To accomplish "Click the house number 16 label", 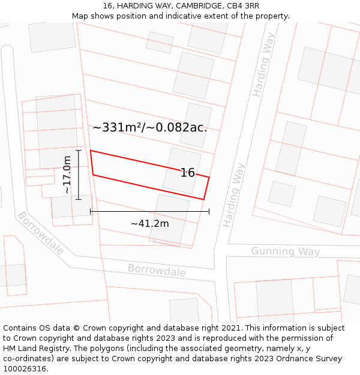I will [188, 173].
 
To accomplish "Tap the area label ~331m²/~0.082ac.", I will [150, 127].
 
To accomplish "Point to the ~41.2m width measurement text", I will [149, 224].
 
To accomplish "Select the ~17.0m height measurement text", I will [67, 175].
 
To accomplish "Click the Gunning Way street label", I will [285, 251].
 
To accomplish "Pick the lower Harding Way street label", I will [235, 194].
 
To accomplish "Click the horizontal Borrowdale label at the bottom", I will [157, 271].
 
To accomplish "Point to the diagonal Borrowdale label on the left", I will [41, 233].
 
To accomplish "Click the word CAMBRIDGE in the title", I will [199, 6].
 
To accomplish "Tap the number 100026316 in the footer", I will [24, 368].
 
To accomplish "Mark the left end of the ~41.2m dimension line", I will [91, 211].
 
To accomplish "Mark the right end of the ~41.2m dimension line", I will [209, 211].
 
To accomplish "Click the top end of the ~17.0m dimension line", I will [79, 150].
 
